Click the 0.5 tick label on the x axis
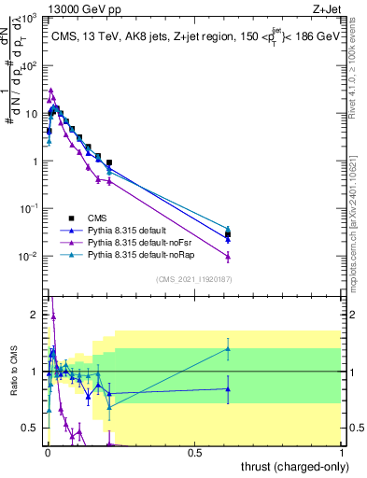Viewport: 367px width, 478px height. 194,452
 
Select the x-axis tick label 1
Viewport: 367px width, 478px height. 342,452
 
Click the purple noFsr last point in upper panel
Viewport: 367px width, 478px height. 228,256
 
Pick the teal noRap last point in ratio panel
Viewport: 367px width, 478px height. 228,349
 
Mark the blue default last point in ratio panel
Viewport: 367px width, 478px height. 228,389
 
